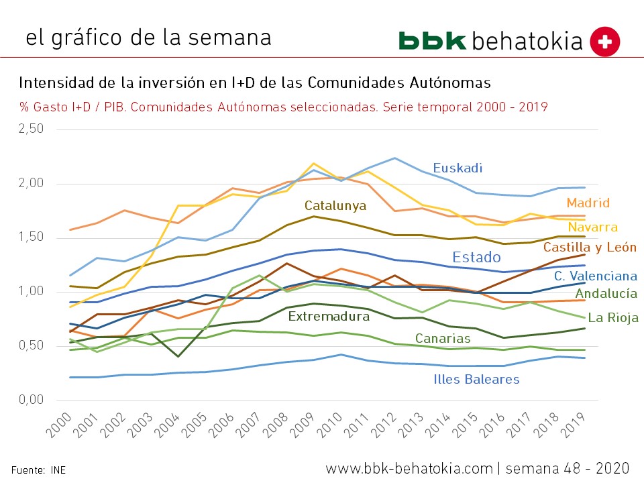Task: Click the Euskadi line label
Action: point(458,168)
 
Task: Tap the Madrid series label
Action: point(588,203)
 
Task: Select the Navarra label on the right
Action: point(592,227)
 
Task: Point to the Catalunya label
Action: point(335,205)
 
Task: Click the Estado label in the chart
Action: point(476,257)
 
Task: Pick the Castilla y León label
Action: point(590,248)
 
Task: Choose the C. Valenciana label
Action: point(595,276)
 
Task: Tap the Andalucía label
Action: point(606,293)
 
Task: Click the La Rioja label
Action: point(612,318)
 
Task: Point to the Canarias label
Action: point(442,338)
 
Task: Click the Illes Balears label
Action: point(476,379)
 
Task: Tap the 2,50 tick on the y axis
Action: point(30,129)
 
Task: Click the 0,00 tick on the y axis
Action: point(30,400)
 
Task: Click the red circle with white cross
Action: point(604,42)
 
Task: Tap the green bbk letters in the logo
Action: point(432,40)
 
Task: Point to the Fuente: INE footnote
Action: point(38,470)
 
